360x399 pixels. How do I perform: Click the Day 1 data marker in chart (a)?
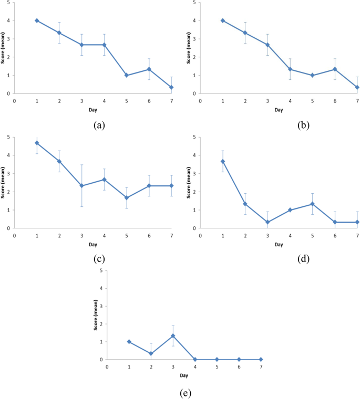37,20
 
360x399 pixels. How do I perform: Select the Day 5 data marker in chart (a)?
127,75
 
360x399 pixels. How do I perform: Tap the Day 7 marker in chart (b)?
357,88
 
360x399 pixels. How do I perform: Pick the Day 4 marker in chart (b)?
290,69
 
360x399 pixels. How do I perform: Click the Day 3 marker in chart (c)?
81,186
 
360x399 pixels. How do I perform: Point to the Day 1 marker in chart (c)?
37,143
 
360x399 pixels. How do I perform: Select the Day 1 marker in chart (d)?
222,161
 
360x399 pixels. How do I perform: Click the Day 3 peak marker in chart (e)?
173,335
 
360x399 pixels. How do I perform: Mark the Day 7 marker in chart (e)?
261,360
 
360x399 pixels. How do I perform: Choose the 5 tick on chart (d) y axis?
194,137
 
